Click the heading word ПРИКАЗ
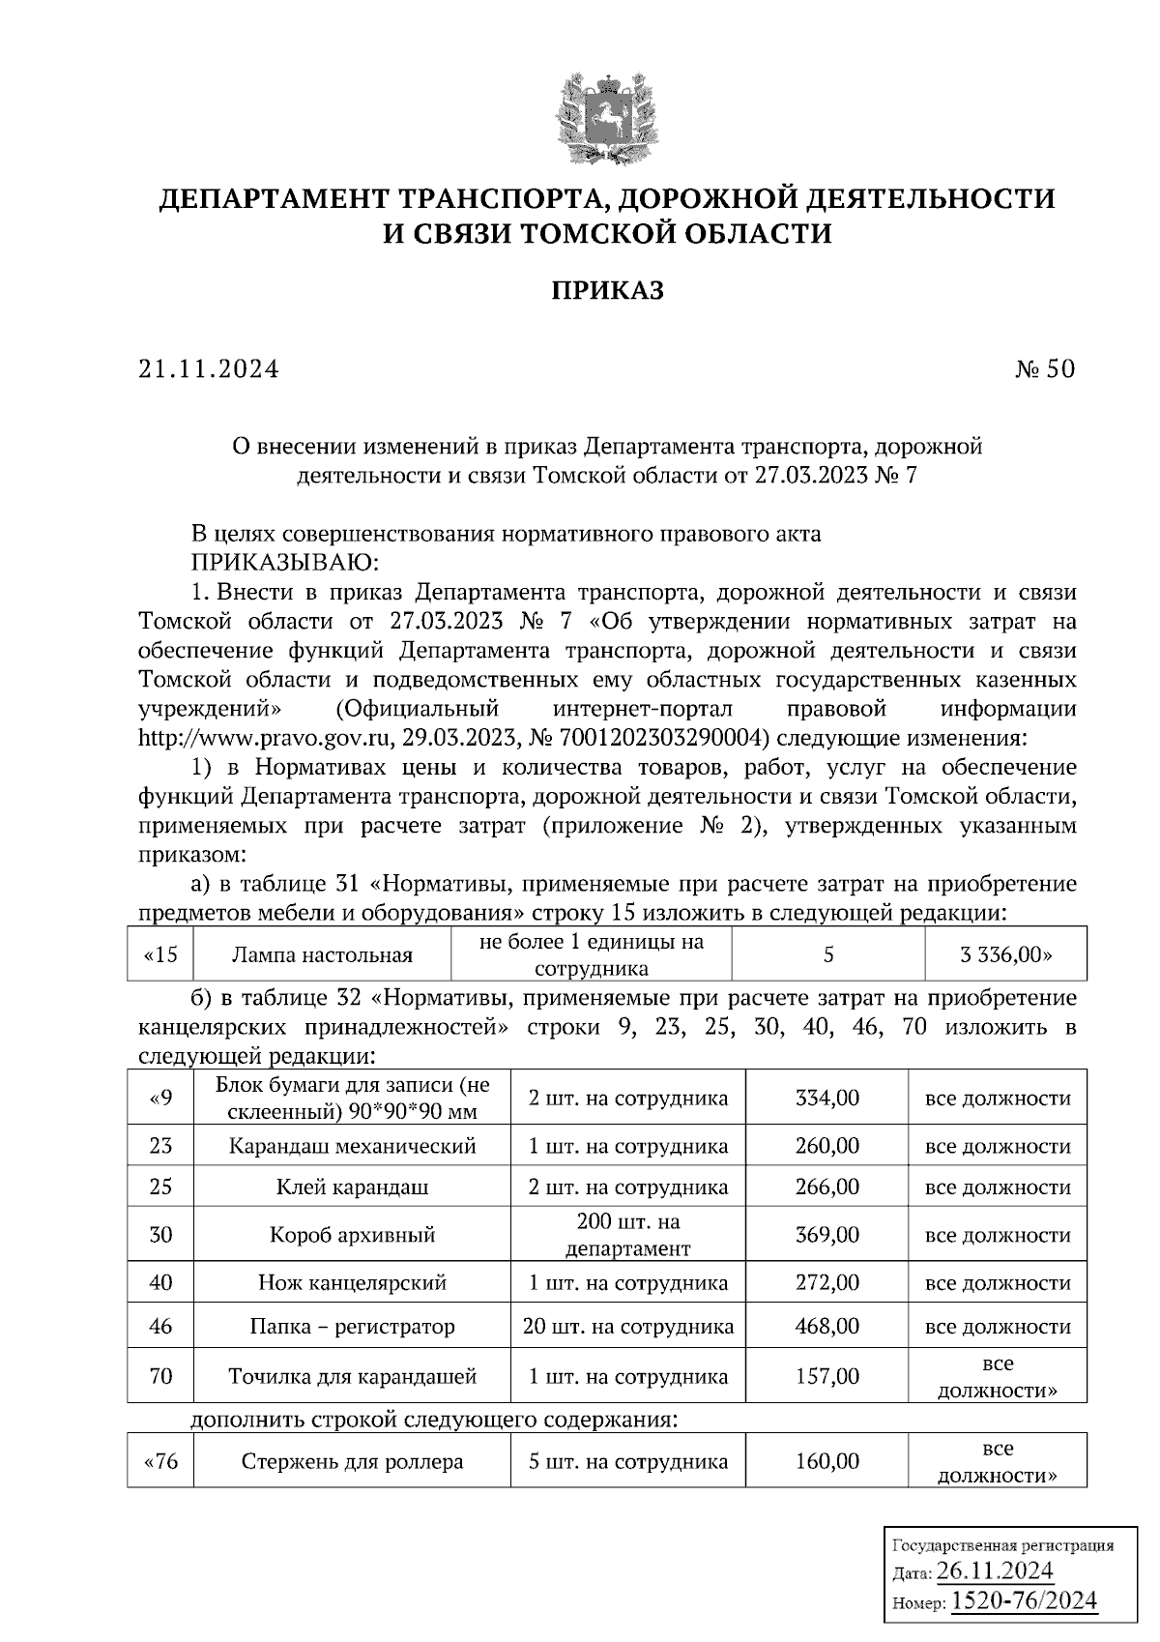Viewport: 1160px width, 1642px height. (x=607, y=290)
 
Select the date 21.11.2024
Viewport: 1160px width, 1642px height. (x=208, y=368)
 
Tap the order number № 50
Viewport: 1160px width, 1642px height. (x=1044, y=368)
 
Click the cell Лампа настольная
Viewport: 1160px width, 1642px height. (x=322, y=955)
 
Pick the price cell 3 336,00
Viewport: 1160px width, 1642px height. (x=1005, y=955)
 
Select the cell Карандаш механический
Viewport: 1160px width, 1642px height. (x=352, y=1146)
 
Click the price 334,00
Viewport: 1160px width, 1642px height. (x=826, y=1098)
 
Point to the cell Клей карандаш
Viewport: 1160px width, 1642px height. (x=352, y=1187)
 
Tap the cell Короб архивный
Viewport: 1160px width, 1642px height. (x=352, y=1235)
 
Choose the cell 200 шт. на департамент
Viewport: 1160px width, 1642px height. (x=627, y=1235)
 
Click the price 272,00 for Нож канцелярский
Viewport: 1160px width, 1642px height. (x=826, y=1283)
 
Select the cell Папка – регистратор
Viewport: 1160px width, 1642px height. (x=352, y=1327)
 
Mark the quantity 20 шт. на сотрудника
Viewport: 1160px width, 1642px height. (x=627, y=1327)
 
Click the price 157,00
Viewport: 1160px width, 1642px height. (x=826, y=1376)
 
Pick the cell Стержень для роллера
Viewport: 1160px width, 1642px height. (x=352, y=1461)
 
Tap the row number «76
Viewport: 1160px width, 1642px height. (x=160, y=1461)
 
